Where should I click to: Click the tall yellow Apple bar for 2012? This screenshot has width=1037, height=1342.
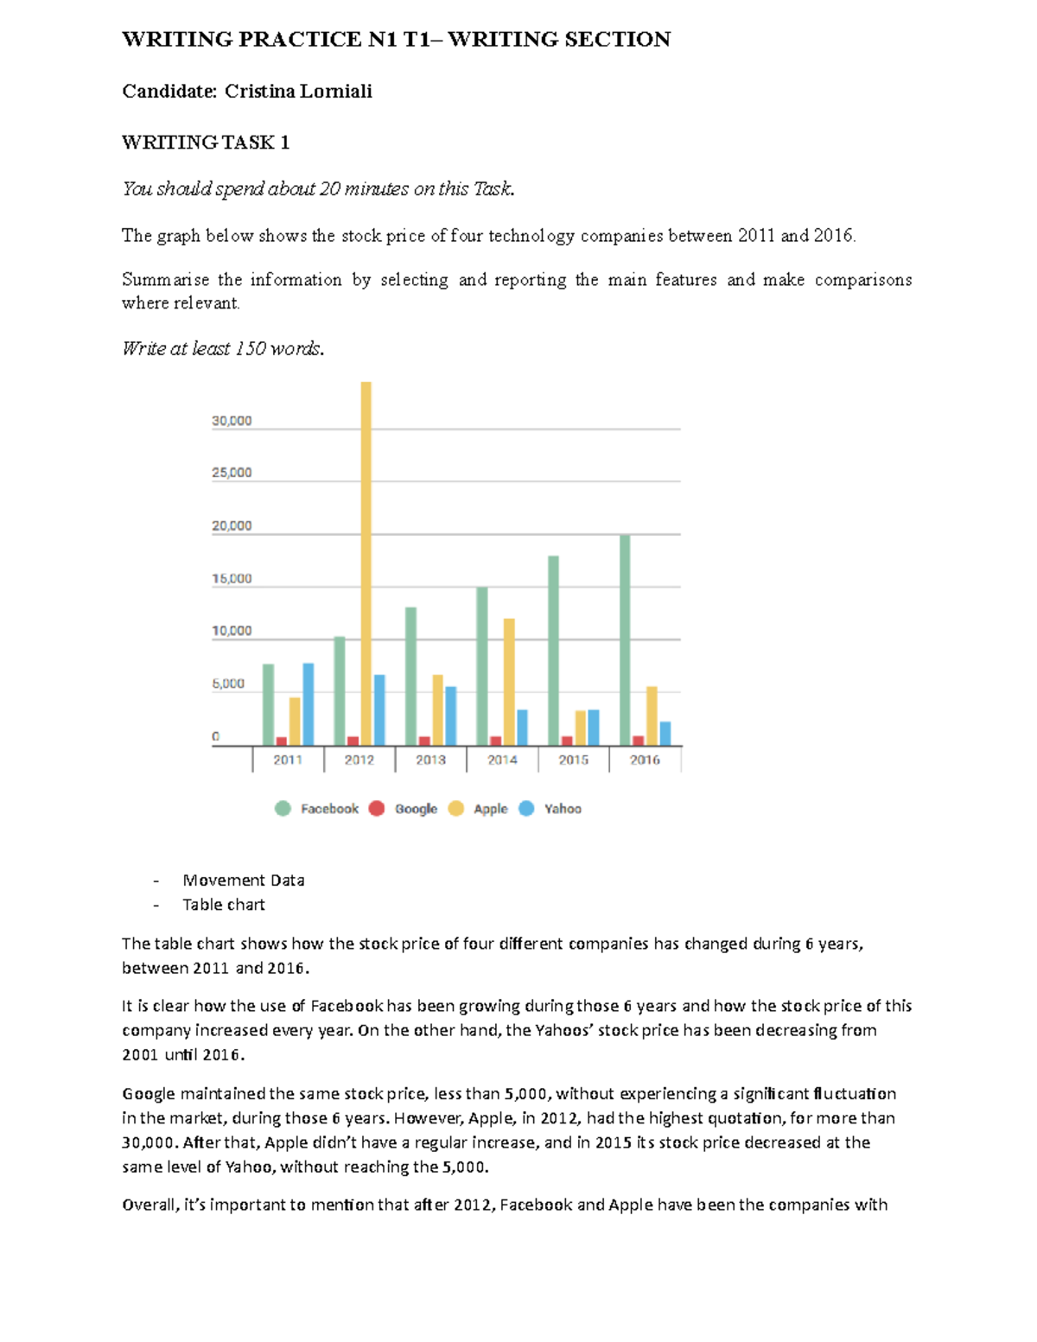pyautogui.click(x=366, y=562)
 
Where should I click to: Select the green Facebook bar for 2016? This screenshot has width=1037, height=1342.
pyautogui.click(x=625, y=639)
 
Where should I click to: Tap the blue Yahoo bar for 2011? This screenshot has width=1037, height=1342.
pyautogui.click(x=309, y=704)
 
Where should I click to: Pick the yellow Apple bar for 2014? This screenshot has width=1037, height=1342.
pyautogui.click(x=509, y=682)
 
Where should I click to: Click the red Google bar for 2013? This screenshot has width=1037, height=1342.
pyautogui.click(x=424, y=741)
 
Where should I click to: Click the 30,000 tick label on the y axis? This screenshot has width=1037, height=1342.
pyautogui.click(x=232, y=421)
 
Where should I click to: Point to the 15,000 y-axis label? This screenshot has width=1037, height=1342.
pyautogui.click(x=232, y=578)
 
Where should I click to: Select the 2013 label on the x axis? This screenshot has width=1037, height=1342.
pyautogui.click(x=430, y=760)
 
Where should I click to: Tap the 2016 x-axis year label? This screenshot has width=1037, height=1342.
pyautogui.click(x=645, y=760)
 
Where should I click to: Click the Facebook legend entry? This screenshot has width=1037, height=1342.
pyautogui.click(x=328, y=809)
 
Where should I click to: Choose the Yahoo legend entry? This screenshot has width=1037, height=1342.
pyautogui.click(x=562, y=809)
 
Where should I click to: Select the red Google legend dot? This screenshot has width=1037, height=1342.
pyautogui.click(x=377, y=809)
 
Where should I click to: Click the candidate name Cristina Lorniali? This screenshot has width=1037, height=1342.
pyautogui.click(x=298, y=92)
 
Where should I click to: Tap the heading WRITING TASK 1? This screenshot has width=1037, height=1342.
pyautogui.click(x=206, y=143)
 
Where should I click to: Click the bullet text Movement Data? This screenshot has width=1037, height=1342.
pyautogui.click(x=243, y=881)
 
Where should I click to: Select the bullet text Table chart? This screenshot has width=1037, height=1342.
pyautogui.click(x=223, y=905)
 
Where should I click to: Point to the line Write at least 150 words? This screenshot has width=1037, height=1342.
pyautogui.click(x=223, y=349)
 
